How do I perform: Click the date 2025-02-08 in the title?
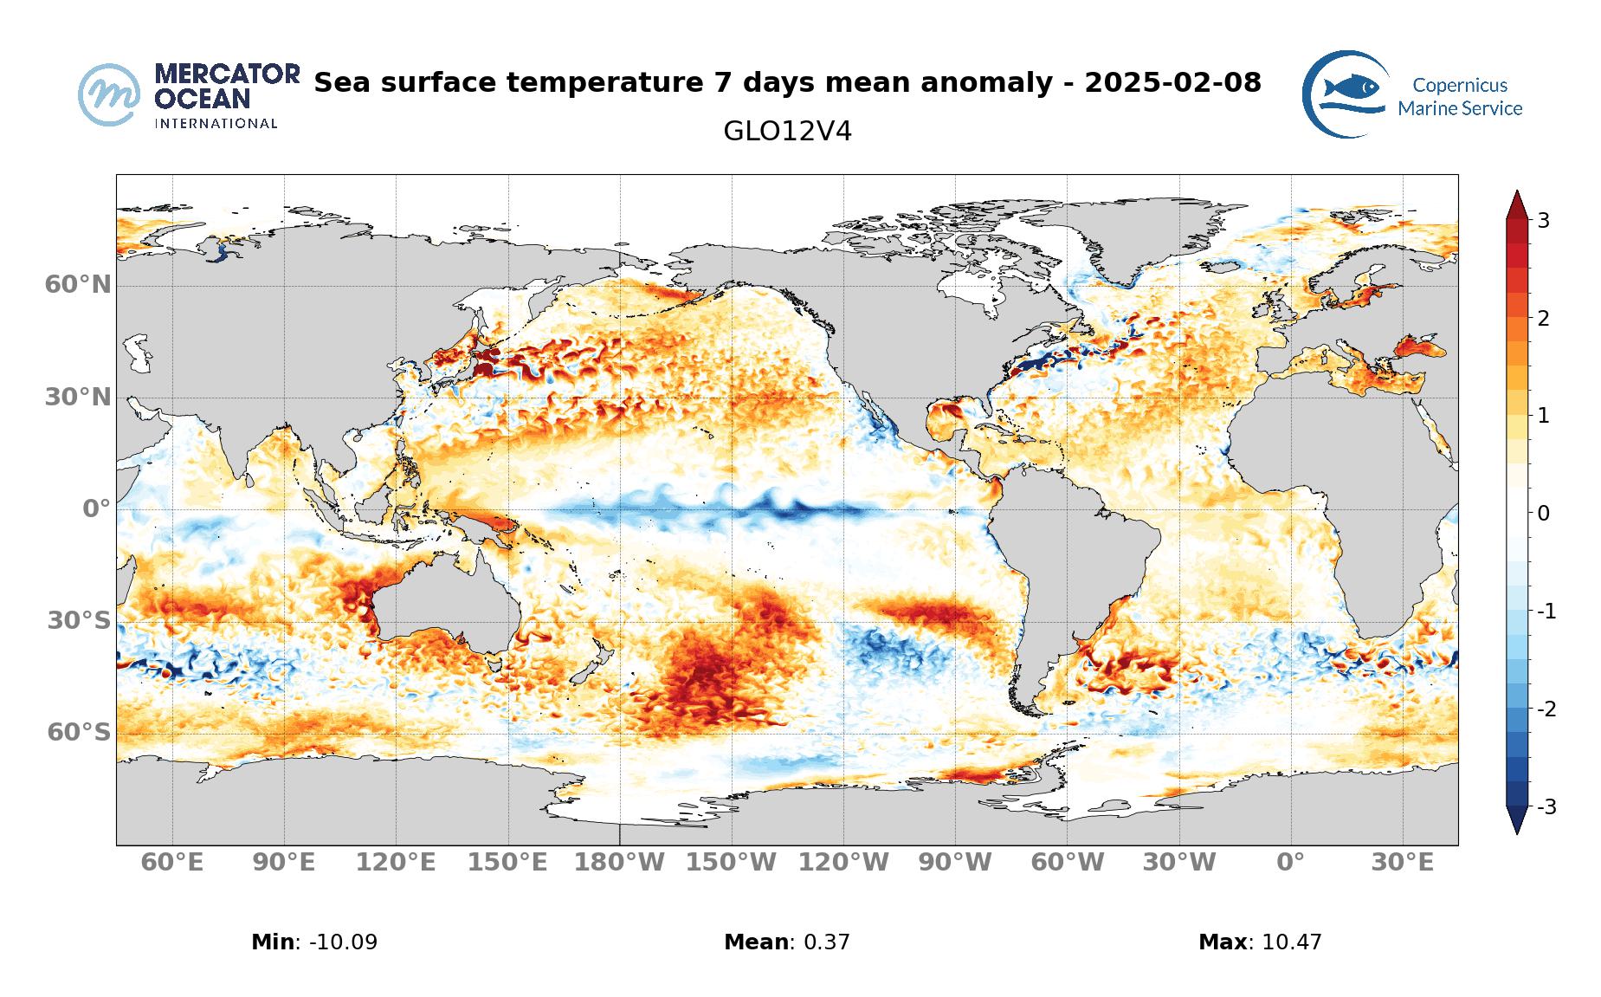coord(1172,83)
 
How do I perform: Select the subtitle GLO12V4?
coord(787,132)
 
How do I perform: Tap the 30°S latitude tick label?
coord(79,620)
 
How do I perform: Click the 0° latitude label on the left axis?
coord(96,508)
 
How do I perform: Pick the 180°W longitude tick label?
coord(620,863)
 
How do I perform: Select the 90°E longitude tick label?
coord(284,863)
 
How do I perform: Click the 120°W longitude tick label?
coord(843,863)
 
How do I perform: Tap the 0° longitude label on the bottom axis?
coord(1290,863)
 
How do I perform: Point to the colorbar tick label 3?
coord(1543,221)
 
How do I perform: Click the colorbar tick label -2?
coord(1546,709)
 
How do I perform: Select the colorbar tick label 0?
coord(1543,514)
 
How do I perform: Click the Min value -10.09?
coord(338,942)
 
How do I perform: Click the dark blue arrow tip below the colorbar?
coord(1516,820)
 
